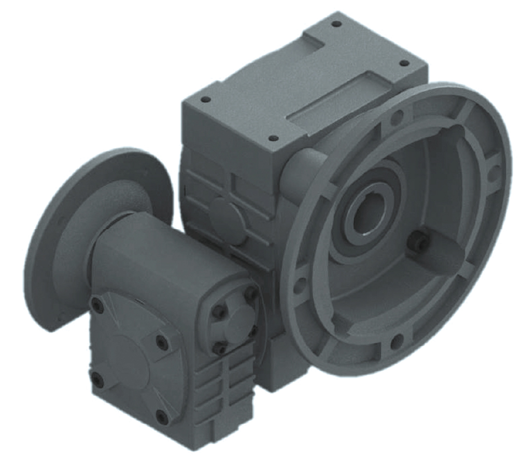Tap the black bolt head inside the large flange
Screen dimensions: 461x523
click(418, 241)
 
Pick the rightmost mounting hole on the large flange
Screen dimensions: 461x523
click(493, 169)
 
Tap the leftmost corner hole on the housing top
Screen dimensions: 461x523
click(206, 99)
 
